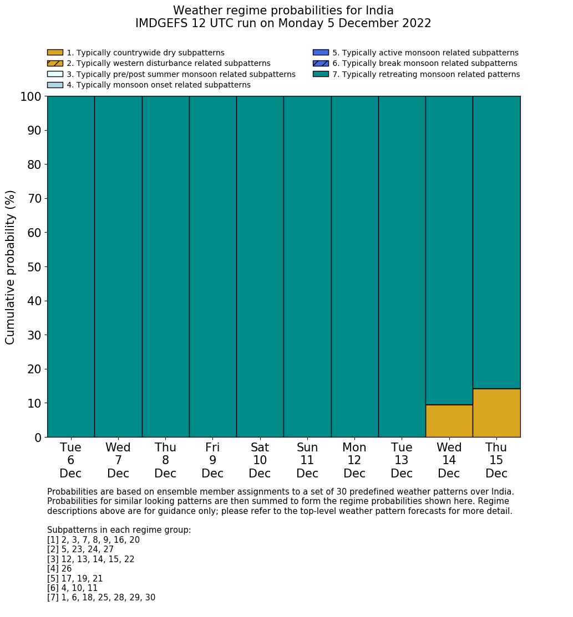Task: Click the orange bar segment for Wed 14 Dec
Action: tap(449, 421)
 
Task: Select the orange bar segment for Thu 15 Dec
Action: tap(496, 413)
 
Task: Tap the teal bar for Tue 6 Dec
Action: tap(70, 266)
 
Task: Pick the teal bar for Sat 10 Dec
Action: tap(260, 266)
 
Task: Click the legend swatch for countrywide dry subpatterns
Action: tap(55, 53)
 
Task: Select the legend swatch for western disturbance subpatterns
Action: tap(55, 63)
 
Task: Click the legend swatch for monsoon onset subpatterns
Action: tap(55, 85)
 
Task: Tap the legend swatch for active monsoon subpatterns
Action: tap(321, 53)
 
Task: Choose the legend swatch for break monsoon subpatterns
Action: tap(321, 63)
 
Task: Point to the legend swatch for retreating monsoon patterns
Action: tap(321, 74)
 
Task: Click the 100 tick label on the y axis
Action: tap(31, 97)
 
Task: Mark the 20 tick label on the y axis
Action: tap(34, 369)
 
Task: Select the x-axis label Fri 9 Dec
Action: tap(212, 460)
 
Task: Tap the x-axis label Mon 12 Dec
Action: tap(354, 460)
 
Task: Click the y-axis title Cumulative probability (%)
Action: tap(11, 267)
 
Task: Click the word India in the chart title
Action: tap(379, 11)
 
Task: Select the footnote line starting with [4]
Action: tap(59, 569)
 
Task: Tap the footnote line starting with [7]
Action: tap(101, 598)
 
